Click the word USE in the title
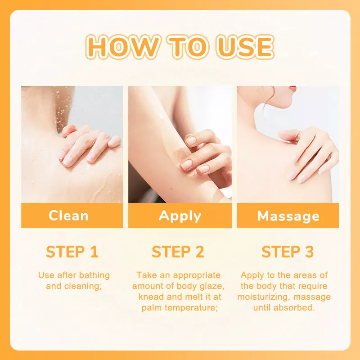pos(245,47)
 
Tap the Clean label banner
pos(72,216)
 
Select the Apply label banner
pos(180,216)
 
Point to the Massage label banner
pos(288,216)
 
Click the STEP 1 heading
pos(72,252)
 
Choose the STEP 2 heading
pos(178,252)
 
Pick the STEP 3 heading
pos(288,252)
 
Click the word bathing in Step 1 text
pos(94,275)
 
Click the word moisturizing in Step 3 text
pos(264,297)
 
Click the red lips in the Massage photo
pos(293,88)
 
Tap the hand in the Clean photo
pos(89,145)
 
